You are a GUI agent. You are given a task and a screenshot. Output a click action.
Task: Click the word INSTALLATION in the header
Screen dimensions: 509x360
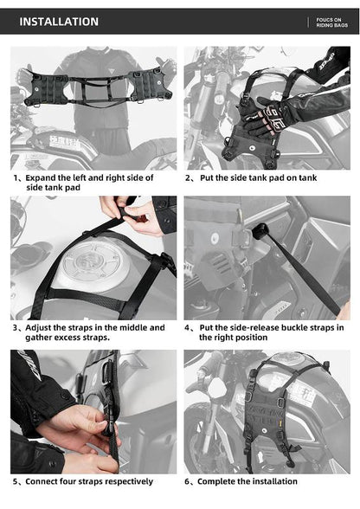[x=59, y=22]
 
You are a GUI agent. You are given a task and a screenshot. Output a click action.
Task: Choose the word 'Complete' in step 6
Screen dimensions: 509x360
[x=220, y=481]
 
